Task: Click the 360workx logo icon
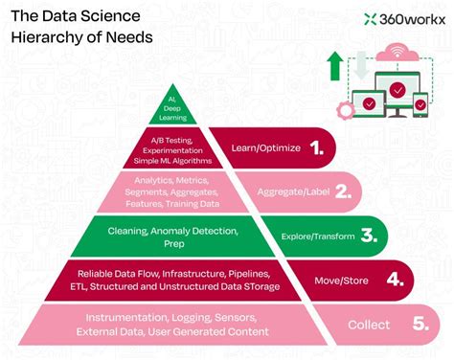point(371,18)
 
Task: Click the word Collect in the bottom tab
point(368,326)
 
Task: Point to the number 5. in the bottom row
point(418,325)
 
